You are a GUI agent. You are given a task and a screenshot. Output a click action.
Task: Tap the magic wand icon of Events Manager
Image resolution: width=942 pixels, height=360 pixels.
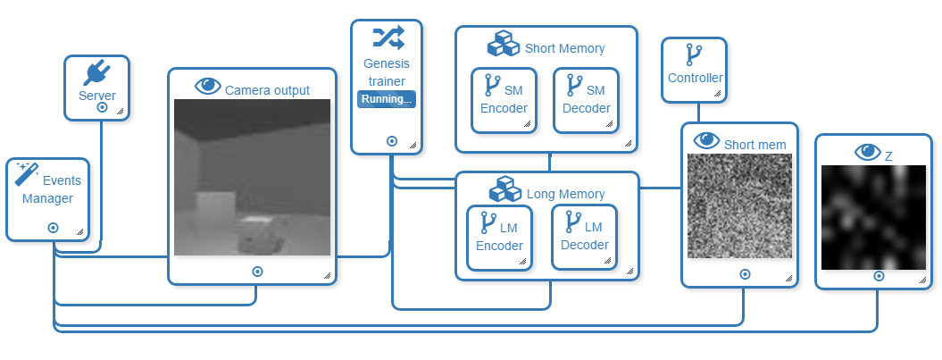tap(28, 174)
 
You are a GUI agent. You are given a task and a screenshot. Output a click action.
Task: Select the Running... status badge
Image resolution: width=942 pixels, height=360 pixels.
tap(387, 99)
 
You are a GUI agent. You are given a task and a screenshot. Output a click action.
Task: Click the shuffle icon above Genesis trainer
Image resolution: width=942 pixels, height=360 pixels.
tap(388, 37)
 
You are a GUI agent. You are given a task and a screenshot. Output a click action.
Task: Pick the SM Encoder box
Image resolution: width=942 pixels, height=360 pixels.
tap(504, 100)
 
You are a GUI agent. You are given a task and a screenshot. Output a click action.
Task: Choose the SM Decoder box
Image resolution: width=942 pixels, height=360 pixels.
tap(586, 100)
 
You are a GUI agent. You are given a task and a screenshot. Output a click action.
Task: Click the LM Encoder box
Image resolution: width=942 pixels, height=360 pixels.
tap(499, 238)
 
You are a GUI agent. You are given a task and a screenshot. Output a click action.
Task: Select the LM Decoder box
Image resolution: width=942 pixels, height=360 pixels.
tap(584, 237)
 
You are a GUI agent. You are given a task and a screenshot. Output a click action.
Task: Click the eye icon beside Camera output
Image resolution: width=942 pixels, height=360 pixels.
tap(208, 87)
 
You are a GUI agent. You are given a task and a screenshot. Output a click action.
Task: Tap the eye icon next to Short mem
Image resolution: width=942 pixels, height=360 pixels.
tap(706, 140)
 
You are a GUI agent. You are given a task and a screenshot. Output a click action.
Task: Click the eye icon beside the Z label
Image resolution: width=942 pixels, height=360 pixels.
tap(867, 152)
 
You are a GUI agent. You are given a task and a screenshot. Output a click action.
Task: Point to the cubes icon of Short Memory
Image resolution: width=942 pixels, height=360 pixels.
tap(504, 46)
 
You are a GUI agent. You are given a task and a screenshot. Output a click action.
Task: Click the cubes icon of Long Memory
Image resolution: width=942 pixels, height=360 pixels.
tap(505, 190)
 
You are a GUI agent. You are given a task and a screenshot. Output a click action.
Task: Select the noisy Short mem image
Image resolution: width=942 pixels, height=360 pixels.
tap(739, 206)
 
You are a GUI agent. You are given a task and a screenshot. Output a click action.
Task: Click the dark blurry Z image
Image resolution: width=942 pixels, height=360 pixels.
tap(873, 217)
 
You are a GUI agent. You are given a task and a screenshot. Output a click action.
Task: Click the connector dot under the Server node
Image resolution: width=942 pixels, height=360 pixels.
tap(103, 106)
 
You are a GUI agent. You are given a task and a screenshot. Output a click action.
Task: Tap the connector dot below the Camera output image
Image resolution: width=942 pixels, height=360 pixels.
tap(257, 271)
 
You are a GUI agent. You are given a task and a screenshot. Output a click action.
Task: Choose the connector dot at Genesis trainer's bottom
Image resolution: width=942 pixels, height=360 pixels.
tap(391, 140)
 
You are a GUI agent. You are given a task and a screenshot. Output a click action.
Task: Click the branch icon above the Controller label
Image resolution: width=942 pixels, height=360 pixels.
tap(693, 55)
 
